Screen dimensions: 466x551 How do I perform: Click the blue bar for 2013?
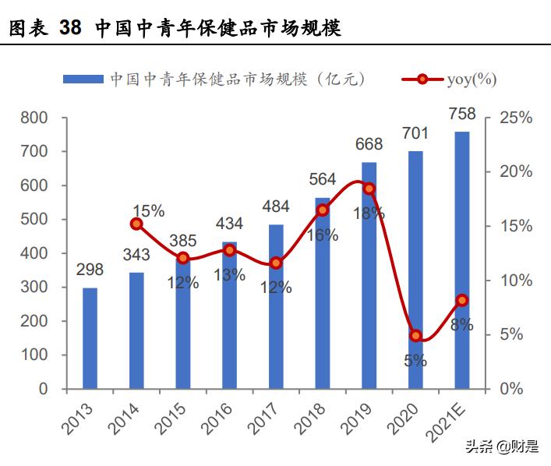pyautogui.click(x=90, y=337)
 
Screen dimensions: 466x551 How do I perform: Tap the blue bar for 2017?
pyautogui.click(x=276, y=306)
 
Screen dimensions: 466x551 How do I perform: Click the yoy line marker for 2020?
pyautogui.click(x=416, y=336)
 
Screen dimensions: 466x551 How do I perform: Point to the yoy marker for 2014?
pyautogui.click(x=136, y=224)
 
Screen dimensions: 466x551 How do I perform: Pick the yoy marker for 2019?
pyautogui.click(x=369, y=189)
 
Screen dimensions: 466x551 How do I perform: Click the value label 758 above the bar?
pyautogui.click(x=462, y=115)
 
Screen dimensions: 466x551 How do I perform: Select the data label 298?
pyautogui.click(x=90, y=270)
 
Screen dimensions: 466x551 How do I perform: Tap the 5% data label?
pyautogui.click(x=415, y=361)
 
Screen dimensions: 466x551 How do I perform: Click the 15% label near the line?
pyautogui.click(x=148, y=210)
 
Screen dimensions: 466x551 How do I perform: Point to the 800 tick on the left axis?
pyautogui.click(x=35, y=118)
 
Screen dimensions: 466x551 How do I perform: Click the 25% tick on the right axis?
pyautogui.click(x=515, y=118)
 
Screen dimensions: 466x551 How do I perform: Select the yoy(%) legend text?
pyautogui.click(x=472, y=79)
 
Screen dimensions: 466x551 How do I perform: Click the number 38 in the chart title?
pyautogui.click(x=69, y=29)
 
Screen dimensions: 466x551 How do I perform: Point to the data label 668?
pyautogui.click(x=369, y=144)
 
